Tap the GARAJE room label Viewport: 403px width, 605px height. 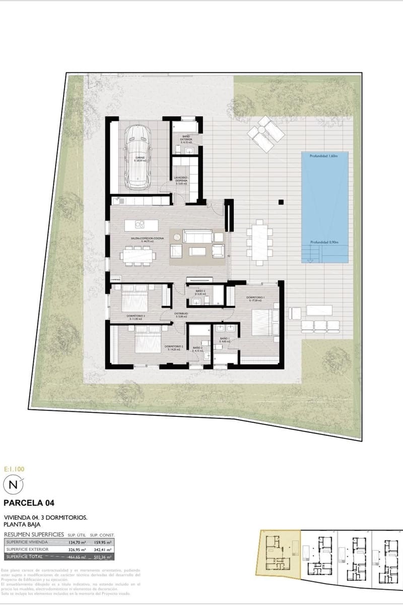coord(140,158)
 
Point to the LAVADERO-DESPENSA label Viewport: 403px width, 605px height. coord(181,180)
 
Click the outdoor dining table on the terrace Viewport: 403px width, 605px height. coord(259,241)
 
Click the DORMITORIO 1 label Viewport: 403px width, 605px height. coord(255,298)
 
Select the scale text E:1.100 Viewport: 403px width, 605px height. coord(14,469)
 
